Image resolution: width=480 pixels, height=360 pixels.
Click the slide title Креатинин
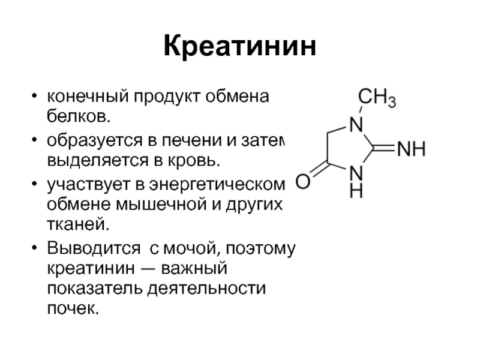tap(239, 46)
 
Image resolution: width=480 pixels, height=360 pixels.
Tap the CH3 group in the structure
tap(377, 97)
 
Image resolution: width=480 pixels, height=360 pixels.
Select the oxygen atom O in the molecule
tap(303, 181)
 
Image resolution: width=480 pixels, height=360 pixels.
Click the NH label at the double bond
tap(412, 149)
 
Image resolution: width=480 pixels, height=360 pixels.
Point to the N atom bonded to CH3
tap(356, 124)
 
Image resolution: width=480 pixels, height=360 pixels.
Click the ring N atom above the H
tap(356, 173)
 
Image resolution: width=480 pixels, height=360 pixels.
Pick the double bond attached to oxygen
tap(319, 170)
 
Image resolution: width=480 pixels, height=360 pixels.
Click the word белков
tap(79, 116)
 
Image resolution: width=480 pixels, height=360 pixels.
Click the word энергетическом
tap(217, 185)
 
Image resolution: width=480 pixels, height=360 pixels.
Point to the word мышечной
tap(161, 204)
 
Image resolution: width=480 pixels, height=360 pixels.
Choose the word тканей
tap(78, 224)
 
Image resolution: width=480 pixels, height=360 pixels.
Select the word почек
tap(73, 308)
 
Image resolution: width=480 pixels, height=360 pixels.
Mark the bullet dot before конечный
tap(34, 96)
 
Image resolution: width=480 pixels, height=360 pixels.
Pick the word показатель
tap(95, 288)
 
